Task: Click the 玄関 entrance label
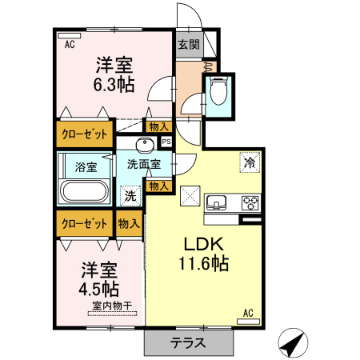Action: pyautogui.click(x=188, y=45)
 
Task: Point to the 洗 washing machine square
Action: pyautogui.click(x=130, y=194)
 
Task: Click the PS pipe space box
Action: pyautogui.click(x=166, y=142)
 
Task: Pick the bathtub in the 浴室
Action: pyautogui.click(x=83, y=193)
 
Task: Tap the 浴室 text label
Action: pyautogui.click(x=86, y=167)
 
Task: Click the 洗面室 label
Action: pyautogui.click(x=144, y=164)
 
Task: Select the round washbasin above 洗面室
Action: pyautogui.click(x=145, y=145)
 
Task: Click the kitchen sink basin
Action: pyautogui.click(x=218, y=201)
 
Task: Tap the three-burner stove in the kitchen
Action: pyautogui.click(x=250, y=201)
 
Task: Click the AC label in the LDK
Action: pyautogui.click(x=248, y=313)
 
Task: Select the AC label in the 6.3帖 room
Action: pyautogui.click(x=70, y=45)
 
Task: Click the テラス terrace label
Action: pyautogui.click(x=189, y=342)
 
